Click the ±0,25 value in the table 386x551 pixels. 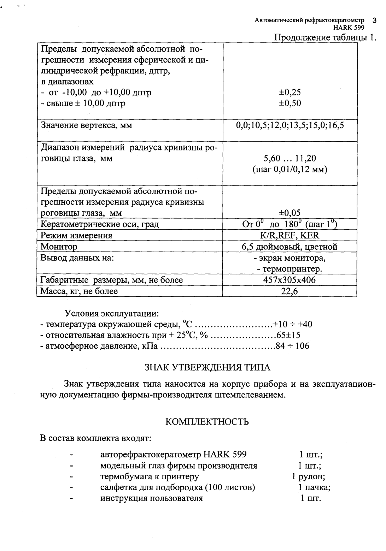pos(290,93)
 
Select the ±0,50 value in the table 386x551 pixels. pos(290,103)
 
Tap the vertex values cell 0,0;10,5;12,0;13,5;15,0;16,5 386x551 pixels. pos(290,125)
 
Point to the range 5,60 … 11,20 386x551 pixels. pos(290,158)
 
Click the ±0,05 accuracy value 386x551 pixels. pos(290,213)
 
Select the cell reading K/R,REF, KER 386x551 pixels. pos(290,235)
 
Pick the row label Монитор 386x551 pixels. pos(59,247)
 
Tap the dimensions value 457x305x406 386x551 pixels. pos(290,280)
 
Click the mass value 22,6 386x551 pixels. pos(290,291)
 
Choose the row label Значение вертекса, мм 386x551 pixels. pos(87,125)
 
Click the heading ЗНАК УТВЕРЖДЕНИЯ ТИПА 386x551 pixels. pos(207,367)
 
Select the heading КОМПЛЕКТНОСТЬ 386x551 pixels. pos(207,422)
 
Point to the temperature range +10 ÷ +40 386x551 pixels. pos(293,324)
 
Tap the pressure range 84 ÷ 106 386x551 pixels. pos(293,346)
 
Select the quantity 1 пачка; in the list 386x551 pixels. pos(314,487)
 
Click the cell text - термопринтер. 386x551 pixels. pos(290,269)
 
